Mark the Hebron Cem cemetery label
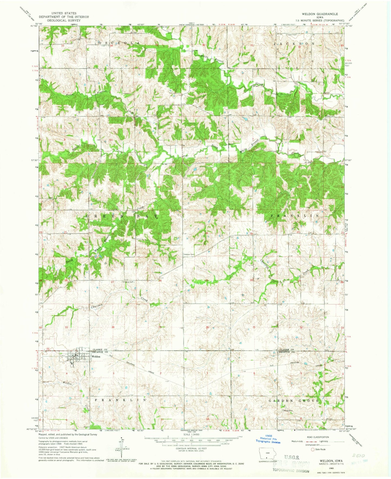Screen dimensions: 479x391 click(189, 255)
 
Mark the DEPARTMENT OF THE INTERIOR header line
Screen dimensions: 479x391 click(64, 17)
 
